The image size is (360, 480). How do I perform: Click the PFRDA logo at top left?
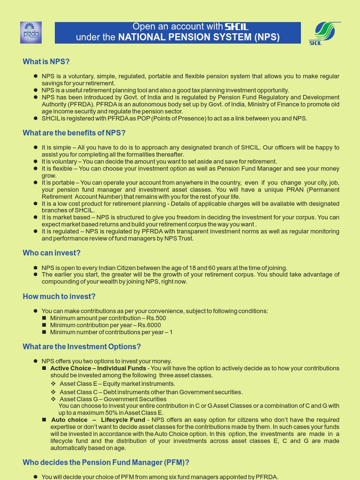(31, 33)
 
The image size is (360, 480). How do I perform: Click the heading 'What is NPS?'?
(46, 62)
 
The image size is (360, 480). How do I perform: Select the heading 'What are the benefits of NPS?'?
(74, 133)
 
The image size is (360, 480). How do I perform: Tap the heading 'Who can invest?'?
(52, 253)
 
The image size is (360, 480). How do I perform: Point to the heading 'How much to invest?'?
(59, 297)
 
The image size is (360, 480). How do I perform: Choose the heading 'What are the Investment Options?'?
(82, 347)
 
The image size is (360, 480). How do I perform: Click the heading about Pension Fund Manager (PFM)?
(106, 463)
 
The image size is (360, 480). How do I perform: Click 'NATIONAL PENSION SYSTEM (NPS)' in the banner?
(199, 37)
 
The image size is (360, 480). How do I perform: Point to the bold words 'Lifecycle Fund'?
(123, 420)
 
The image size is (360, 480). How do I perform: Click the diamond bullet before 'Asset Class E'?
(53, 384)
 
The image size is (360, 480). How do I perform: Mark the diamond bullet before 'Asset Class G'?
(53, 399)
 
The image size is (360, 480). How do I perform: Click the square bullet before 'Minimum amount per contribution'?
(45, 318)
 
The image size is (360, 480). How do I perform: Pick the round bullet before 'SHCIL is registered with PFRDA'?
(36, 119)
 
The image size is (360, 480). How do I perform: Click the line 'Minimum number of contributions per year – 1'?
(111, 332)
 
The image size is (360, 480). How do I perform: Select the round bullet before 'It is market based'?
(36, 217)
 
